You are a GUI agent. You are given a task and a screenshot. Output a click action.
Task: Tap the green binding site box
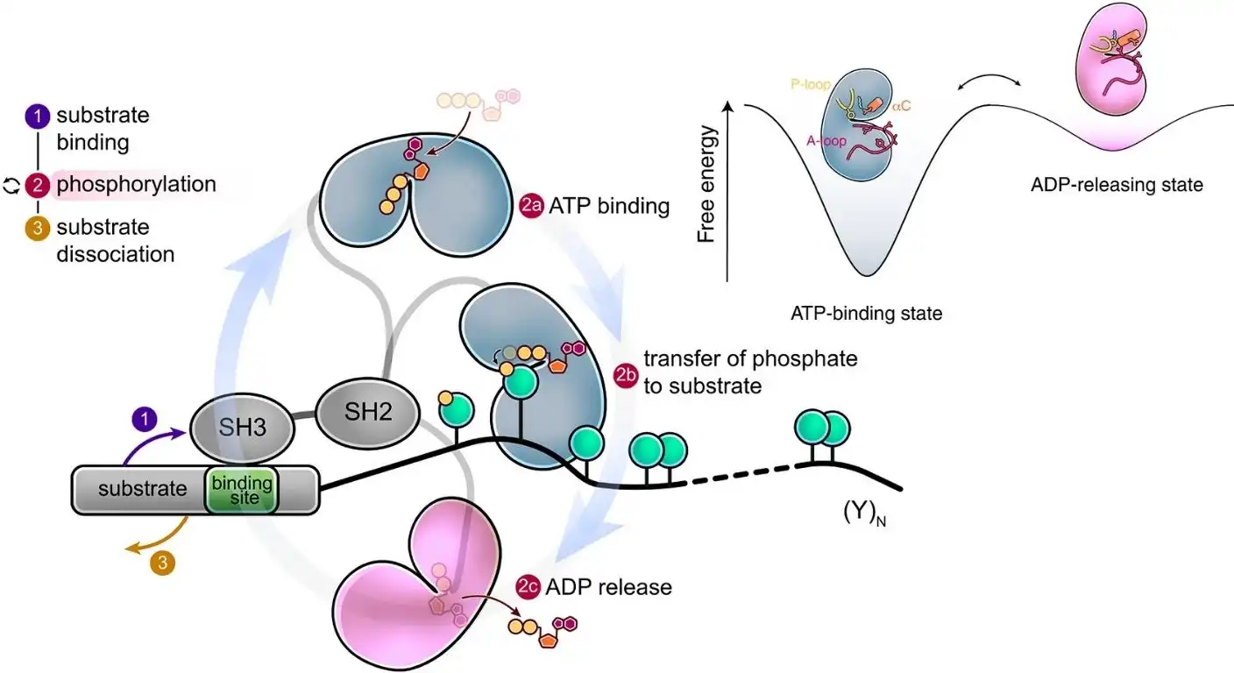(x=242, y=489)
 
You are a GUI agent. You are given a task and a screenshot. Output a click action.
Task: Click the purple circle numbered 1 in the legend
(x=38, y=116)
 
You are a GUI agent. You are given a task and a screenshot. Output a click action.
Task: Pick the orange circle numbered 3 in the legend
(x=38, y=228)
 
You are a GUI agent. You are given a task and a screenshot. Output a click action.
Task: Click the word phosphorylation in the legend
(x=136, y=185)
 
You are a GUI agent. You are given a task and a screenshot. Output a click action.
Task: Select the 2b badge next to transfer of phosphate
(x=626, y=374)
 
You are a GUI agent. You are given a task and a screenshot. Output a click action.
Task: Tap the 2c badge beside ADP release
(x=528, y=587)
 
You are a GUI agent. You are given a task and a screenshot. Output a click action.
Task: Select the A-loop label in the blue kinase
(x=823, y=140)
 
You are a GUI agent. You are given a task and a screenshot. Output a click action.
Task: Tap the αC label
(x=902, y=106)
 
